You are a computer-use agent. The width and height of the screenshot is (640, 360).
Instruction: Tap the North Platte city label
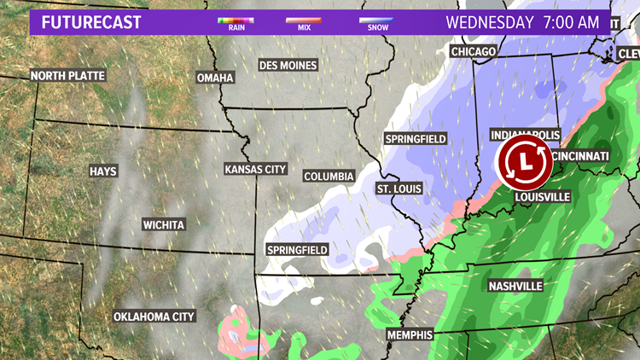pos(68,75)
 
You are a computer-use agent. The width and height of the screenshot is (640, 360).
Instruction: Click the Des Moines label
pos(288,65)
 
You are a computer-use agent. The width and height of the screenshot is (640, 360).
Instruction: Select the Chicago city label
pos(474,52)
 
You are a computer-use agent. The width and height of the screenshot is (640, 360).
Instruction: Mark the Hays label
pos(103,171)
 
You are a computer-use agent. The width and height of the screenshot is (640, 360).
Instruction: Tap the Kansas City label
pos(255,169)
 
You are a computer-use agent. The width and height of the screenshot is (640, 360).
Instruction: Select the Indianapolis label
pos(526,136)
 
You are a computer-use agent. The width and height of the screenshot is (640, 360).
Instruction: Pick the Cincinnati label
pos(580,156)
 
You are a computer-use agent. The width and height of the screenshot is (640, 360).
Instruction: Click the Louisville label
pos(542,197)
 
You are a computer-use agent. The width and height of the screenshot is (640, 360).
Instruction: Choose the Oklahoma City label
pos(154,316)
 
